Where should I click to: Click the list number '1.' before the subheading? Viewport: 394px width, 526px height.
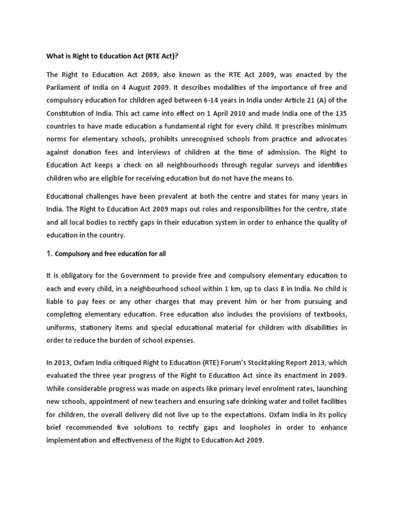pyautogui.click(x=50, y=254)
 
